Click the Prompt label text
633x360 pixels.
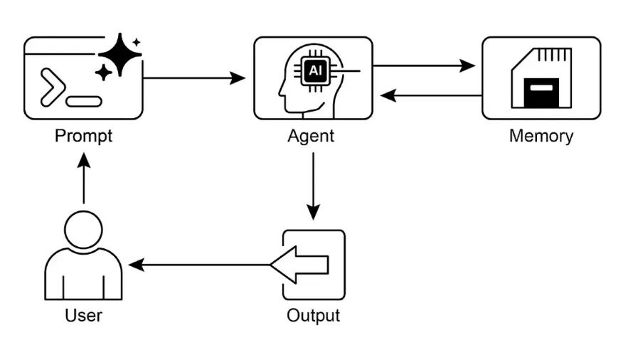83,135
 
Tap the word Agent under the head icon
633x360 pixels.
311,135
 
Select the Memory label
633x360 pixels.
541,135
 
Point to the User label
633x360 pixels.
83,314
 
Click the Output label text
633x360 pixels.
313,314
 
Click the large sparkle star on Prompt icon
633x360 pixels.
120,54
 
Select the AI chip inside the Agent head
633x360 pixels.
314,71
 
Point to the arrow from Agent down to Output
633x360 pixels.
313,185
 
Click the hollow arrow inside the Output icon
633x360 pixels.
302,265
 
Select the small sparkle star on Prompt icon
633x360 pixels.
104,72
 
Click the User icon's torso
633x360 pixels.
83,277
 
